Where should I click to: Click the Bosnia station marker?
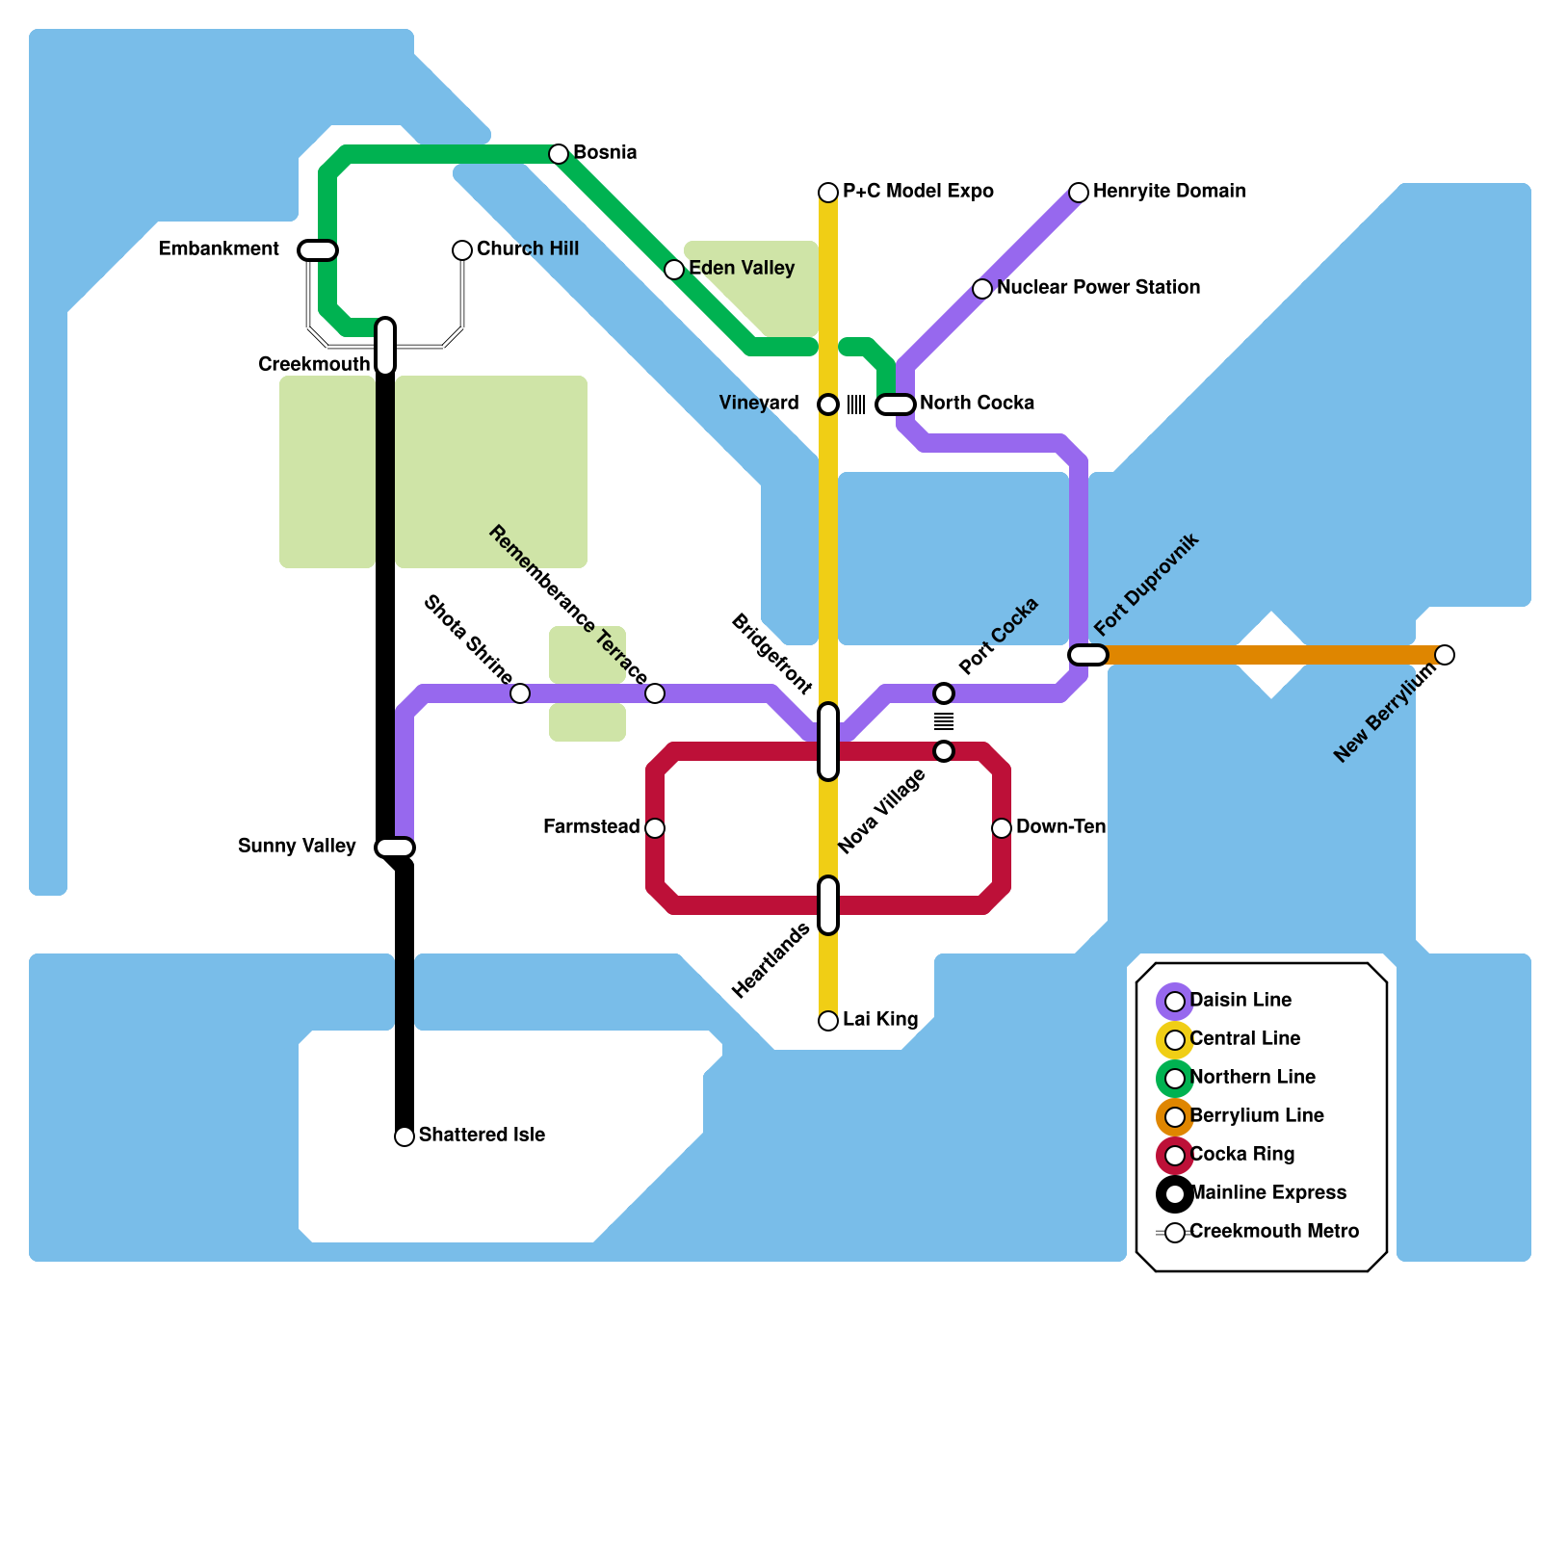click(x=559, y=154)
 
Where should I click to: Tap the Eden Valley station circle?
click(x=674, y=270)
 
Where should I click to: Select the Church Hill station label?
click(x=527, y=248)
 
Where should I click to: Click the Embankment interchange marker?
click(x=318, y=250)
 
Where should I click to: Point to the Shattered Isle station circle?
click(x=405, y=1136)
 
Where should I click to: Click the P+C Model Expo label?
click(x=917, y=191)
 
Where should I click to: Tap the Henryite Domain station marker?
click(x=1079, y=193)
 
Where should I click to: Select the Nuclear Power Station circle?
click(x=982, y=289)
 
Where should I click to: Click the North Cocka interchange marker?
click(x=896, y=405)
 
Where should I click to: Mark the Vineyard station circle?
click(x=828, y=405)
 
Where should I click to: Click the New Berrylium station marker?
click(x=1445, y=655)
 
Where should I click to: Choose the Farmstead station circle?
click(x=655, y=828)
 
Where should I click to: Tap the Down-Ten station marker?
click(x=1002, y=828)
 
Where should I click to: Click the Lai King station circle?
click(x=828, y=1021)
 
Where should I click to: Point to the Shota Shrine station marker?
click(x=520, y=693)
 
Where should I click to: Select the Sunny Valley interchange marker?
click(x=395, y=848)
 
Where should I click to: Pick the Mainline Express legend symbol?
click(x=1175, y=1194)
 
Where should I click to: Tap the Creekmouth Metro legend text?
click(x=1273, y=1231)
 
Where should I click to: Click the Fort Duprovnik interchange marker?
click(x=1088, y=655)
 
